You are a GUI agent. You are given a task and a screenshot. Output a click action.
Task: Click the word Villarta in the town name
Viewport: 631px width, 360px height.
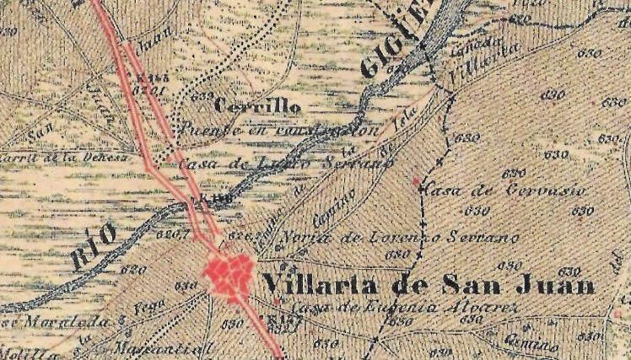[x=312, y=283]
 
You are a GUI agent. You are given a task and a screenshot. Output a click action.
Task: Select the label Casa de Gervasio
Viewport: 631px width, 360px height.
[x=505, y=190]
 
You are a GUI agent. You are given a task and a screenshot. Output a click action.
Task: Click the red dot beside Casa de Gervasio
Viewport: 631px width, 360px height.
[x=415, y=180]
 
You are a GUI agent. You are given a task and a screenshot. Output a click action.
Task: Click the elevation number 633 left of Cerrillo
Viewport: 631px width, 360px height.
[x=202, y=96]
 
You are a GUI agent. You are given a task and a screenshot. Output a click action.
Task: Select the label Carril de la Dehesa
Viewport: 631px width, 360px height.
[x=64, y=157]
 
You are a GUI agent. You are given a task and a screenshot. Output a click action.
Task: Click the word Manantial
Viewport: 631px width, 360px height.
[x=176, y=345]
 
